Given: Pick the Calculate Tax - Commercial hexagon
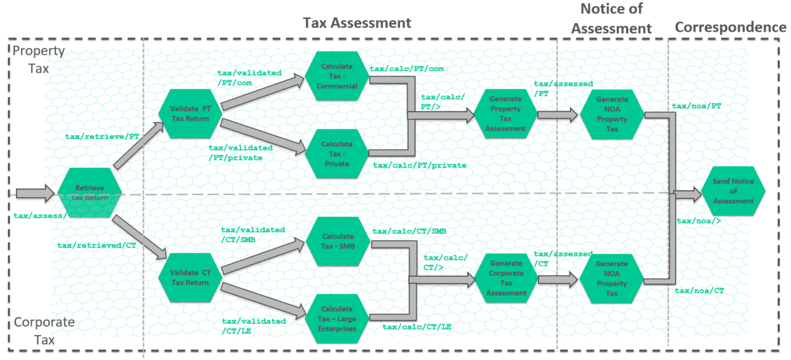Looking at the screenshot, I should tap(336, 76).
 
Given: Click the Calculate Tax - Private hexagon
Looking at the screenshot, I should tap(336, 154).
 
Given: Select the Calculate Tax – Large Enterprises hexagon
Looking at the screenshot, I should tap(336, 319).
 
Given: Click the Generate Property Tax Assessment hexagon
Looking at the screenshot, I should tap(507, 113).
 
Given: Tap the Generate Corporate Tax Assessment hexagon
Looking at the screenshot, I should tap(507, 278).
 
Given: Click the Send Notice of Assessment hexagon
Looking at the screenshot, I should tap(734, 191).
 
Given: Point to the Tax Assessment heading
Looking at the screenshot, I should tap(357, 23).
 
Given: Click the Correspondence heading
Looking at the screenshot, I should tap(730, 27).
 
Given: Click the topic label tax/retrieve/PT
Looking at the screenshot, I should tap(102, 136).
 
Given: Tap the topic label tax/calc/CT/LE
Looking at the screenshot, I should tap(417, 326).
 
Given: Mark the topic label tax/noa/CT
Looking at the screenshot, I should tap(699, 291).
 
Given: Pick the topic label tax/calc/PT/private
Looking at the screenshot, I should tap(419, 165).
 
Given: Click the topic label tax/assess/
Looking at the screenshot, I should tap(39, 216).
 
